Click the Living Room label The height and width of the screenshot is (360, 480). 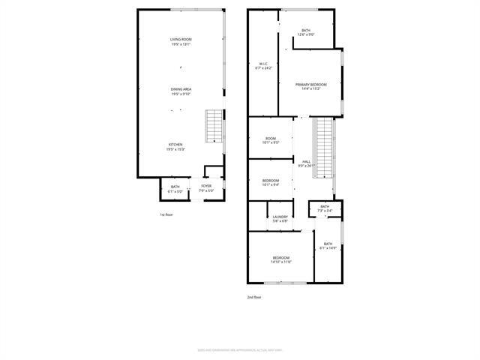[x=181, y=41]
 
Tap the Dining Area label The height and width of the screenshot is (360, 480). [x=181, y=91]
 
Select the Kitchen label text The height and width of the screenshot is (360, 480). [x=175, y=147]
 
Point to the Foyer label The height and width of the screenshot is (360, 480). [x=206, y=188]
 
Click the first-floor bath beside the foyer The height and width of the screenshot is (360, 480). [x=175, y=189]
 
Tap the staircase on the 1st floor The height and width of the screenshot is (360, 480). [x=214, y=126]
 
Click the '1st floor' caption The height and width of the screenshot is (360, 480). [x=166, y=215]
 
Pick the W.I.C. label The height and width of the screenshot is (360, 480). [x=264, y=65]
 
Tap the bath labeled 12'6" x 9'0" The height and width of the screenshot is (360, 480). [x=306, y=32]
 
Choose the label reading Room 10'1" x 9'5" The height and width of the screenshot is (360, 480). [x=270, y=140]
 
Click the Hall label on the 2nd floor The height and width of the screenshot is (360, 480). [x=306, y=163]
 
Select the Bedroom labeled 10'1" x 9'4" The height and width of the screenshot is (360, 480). [x=271, y=182]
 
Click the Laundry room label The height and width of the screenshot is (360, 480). [x=280, y=219]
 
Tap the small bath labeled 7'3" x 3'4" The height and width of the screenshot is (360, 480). [x=324, y=208]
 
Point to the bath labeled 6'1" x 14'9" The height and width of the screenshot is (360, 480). [x=328, y=246]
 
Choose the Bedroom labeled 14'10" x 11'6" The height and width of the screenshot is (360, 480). [x=280, y=259]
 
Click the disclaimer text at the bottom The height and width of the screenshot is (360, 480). [x=239, y=349]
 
